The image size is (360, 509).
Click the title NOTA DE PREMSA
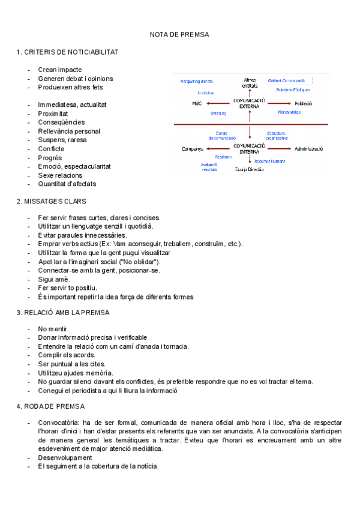179,35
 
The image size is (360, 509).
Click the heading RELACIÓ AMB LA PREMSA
63,312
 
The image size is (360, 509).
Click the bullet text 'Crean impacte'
59,70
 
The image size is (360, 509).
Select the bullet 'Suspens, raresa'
62,140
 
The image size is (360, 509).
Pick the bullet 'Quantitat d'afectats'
67,184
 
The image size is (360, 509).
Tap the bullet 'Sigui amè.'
54,279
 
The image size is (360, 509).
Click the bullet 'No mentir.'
53,329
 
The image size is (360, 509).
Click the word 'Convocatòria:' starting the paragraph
59,423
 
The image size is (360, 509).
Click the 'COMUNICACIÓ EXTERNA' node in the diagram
249,103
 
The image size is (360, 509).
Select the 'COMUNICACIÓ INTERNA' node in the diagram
249,148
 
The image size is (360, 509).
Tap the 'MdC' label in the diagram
196,103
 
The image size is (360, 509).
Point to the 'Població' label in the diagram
303,103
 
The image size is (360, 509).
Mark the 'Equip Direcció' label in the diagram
249,169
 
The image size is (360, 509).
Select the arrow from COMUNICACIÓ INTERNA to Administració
279,148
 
